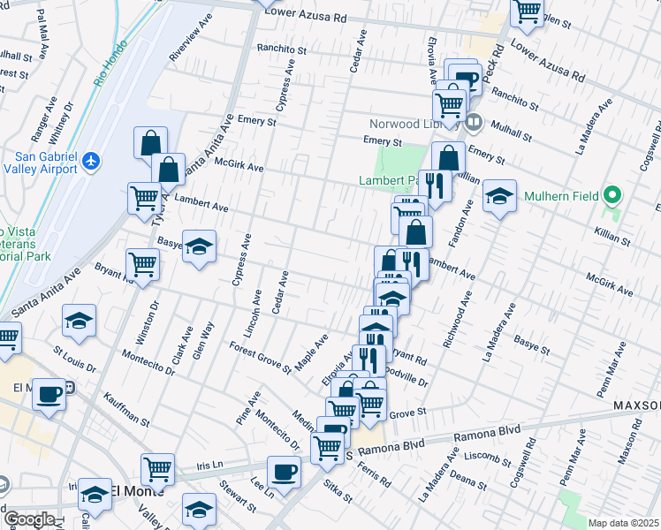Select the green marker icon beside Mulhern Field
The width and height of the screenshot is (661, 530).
pyautogui.click(x=612, y=195)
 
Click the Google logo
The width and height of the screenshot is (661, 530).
pyautogui.click(x=29, y=519)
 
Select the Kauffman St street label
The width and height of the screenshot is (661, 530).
pyautogui.click(x=124, y=409)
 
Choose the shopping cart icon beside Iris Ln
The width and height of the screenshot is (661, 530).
pyautogui.click(x=157, y=469)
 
